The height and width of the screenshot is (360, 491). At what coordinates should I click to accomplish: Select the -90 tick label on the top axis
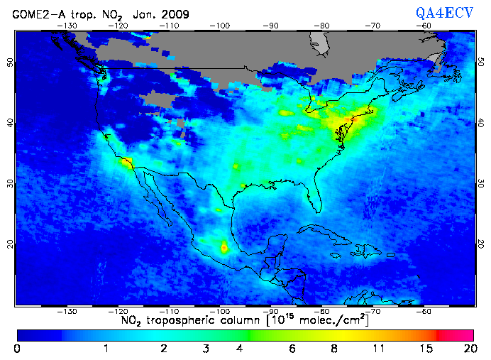(271, 25)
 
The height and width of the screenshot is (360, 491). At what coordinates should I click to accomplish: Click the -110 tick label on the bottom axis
(169, 311)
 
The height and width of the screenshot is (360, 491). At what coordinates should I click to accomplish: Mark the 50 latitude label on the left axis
(9, 62)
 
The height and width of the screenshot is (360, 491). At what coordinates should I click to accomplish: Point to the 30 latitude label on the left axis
(9, 183)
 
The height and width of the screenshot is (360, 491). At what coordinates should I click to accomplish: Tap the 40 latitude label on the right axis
(481, 123)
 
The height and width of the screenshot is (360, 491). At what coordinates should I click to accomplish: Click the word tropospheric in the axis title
(188, 322)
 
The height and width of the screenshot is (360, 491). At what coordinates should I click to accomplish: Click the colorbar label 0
(16, 349)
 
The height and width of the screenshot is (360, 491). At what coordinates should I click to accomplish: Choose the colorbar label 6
(292, 349)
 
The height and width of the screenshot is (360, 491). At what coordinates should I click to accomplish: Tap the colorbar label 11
(382, 349)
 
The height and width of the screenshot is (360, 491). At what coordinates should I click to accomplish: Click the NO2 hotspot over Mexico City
(225, 248)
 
